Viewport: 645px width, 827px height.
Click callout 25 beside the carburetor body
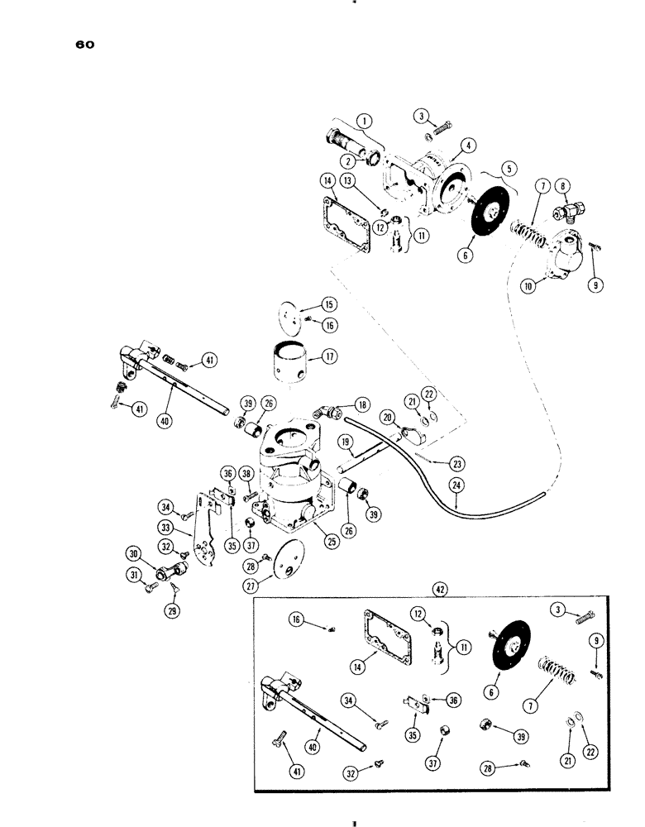330,542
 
